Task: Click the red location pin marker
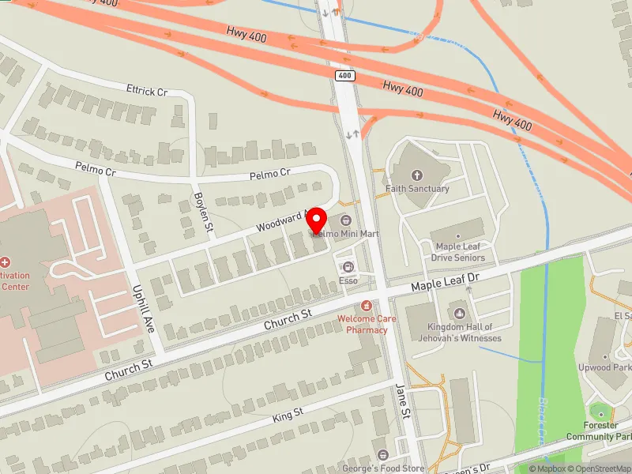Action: pos(318,220)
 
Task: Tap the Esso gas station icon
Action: pos(348,267)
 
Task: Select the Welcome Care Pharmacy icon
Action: pos(366,306)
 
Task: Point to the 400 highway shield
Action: pos(344,76)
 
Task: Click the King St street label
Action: pos(288,414)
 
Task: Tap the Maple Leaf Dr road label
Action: pos(446,280)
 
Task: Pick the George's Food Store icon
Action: pos(383,455)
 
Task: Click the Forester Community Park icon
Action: pos(600,414)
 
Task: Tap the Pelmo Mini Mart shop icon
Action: pos(346,220)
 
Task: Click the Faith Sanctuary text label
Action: pos(417,189)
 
